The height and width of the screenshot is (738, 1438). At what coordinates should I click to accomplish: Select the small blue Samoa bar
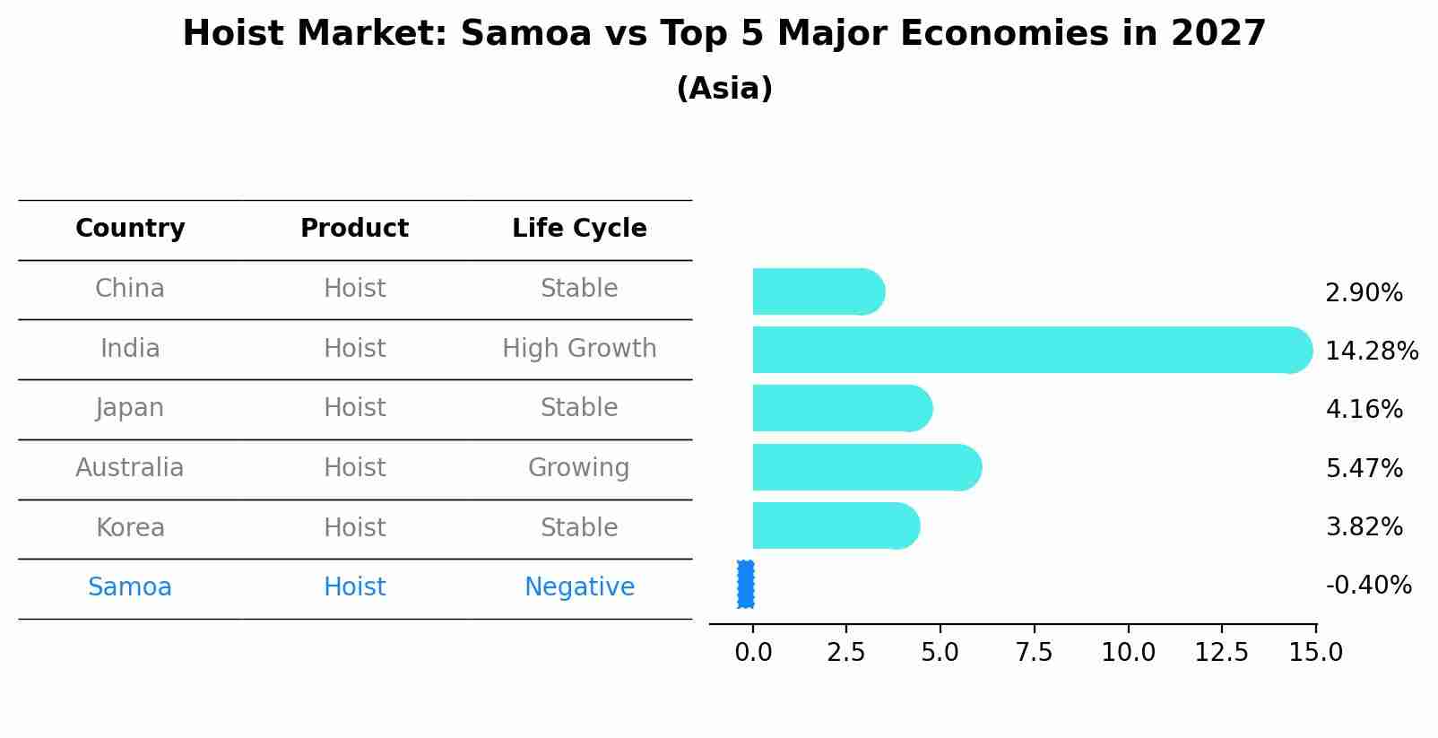pyautogui.click(x=745, y=585)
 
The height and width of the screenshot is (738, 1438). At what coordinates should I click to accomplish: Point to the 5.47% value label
pyautogui.click(x=1364, y=468)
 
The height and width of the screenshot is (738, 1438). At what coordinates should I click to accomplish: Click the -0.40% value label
pyautogui.click(x=1368, y=586)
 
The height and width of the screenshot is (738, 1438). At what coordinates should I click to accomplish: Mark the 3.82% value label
pyautogui.click(x=1364, y=526)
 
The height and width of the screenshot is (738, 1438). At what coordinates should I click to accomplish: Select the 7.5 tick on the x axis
pyautogui.click(x=1034, y=652)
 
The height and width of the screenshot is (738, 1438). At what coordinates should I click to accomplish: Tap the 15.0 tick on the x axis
pyautogui.click(x=1315, y=652)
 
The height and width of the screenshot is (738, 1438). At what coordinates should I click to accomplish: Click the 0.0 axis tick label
pyautogui.click(x=753, y=652)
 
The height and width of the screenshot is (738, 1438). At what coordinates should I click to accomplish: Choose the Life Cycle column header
pyautogui.click(x=579, y=229)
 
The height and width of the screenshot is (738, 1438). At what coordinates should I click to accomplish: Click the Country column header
pyautogui.click(x=130, y=229)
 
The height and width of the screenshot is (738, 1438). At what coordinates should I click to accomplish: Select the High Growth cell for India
pyautogui.click(x=579, y=349)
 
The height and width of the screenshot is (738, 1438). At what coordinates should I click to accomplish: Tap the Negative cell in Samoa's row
pyautogui.click(x=579, y=587)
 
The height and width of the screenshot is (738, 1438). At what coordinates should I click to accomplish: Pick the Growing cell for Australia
pyautogui.click(x=579, y=468)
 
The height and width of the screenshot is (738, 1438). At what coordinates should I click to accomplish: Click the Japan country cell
pyautogui.click(x=130, y=408)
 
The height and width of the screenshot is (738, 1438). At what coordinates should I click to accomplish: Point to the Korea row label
pyautogui.click(x=130, y=527)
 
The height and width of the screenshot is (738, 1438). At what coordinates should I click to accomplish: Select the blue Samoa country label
pyautogui.click(x=130, y=587)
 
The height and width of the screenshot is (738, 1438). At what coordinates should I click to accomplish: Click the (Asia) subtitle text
pyautogui.click(x=724, y=89)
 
